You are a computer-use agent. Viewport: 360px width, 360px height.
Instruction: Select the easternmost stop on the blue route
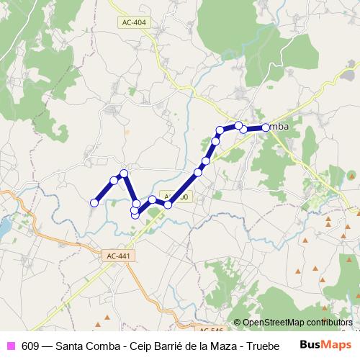click(x=266, y=127)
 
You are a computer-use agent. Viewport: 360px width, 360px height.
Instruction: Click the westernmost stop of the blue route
click(x=94, y=203)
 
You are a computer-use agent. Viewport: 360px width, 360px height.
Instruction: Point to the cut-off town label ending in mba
click(x=279, y=127)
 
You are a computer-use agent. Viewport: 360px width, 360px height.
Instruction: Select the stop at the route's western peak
click(x=124, y=173)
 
